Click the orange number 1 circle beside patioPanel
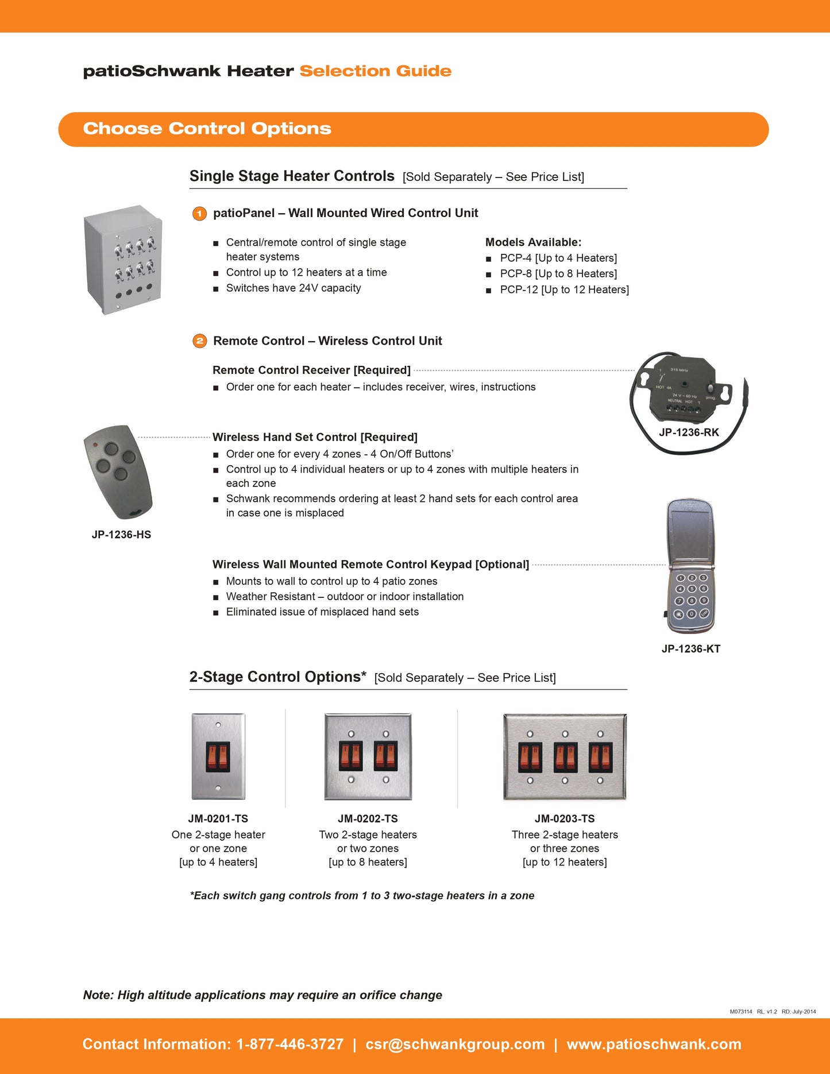199,214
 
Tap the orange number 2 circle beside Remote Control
199,341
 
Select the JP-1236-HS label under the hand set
121,535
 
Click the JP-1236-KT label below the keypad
690,649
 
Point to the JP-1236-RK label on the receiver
689,432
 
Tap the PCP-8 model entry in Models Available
558,274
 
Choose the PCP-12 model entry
564,289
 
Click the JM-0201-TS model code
218,819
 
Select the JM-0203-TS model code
565,819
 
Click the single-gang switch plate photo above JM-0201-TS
218,756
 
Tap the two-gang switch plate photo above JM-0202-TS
368,756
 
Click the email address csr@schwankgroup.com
455,1044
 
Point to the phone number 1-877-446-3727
290,1044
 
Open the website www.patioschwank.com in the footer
654,1044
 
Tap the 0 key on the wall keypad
692,613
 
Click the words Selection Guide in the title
375,71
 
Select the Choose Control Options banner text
207,129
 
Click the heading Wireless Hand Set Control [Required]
315,437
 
